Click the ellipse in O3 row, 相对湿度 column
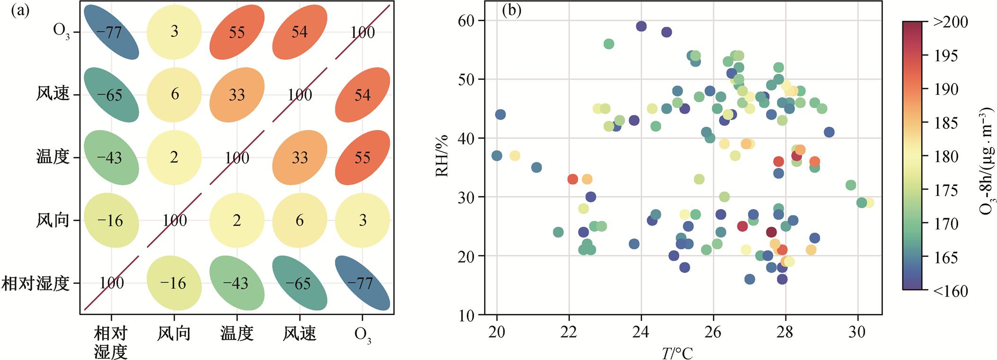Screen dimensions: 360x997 (111, 32)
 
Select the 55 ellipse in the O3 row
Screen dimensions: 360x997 (237, 32)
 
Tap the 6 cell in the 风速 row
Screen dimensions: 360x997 (175, 95)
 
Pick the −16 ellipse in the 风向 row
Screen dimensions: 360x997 (111, 220)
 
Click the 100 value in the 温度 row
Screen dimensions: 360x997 (237, 158)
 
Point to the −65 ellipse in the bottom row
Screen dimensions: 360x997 (300, 283)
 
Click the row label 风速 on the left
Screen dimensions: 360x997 (53, 94)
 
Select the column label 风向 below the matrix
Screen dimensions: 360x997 (175, 334)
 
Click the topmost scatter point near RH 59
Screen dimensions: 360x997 (641, 26)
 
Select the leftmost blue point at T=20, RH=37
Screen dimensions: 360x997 (496, 156)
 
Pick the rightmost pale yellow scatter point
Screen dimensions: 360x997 (868, 203)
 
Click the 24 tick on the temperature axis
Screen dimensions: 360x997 (641, 330)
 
